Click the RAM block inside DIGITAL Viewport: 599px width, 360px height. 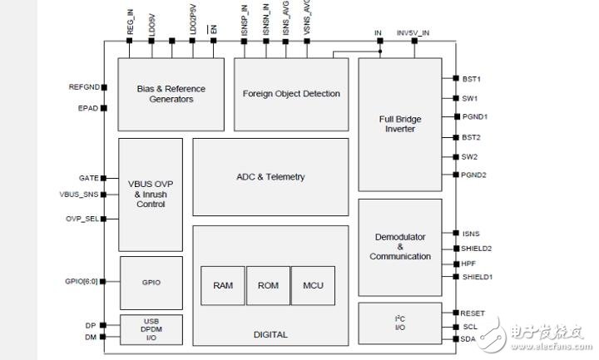(223, 286)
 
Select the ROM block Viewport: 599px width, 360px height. (268, 286)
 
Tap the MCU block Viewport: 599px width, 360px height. (313, 286)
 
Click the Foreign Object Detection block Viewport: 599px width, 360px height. (291, 94)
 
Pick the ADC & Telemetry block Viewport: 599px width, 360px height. (270, 177)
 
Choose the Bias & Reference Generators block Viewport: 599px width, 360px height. (171, 94)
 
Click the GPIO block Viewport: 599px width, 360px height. (151, 283)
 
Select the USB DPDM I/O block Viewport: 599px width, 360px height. (151, 329)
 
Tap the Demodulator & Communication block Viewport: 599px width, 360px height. (399, 247)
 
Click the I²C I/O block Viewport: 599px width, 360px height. (399, 323)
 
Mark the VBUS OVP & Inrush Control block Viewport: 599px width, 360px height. (151, 194)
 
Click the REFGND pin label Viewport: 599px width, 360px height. (83, 87)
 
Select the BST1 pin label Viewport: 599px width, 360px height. (472, 79)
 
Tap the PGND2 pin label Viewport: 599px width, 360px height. (474, 175)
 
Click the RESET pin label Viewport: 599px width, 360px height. (474, 313)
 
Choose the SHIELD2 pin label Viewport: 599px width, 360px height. (478, 249)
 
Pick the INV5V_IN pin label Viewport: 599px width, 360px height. (413, 32)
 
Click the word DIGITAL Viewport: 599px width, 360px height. (270, 335)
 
